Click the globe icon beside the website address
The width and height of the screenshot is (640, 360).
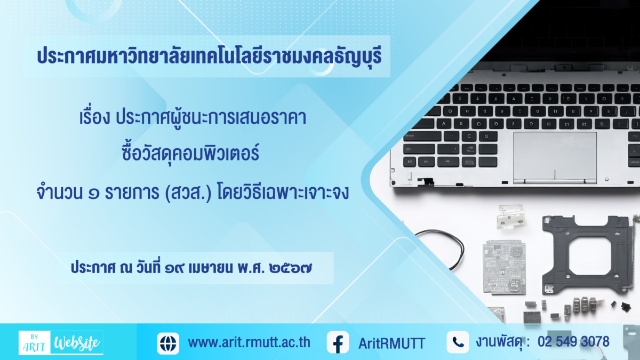(x=168, y=343)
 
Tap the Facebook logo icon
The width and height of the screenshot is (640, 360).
(x=338, y=342)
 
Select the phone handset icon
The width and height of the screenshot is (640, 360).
(x=458, y=342)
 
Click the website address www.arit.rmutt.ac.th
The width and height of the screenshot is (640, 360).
(x=249, y=342)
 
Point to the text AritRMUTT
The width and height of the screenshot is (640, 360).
(x=391, y=343)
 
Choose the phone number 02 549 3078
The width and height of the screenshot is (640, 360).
(x=573, y=342)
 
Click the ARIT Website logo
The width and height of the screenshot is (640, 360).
(x=61, y=342)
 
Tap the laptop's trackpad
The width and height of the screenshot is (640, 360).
(x=555, y=158)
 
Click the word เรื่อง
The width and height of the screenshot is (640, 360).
(x=94, y=117)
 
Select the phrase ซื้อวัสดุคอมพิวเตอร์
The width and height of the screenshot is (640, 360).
(x=190, y=153)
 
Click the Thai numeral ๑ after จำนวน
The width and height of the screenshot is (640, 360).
(x=94, y=194)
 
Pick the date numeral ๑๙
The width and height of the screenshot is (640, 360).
(x=174, y=268)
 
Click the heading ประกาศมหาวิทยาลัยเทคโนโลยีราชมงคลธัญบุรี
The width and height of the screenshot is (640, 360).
(x=210, y=56)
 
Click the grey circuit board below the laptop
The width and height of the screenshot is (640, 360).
(x=505, y=267)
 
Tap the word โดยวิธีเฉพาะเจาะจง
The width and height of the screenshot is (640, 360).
(x=283, y=193)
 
